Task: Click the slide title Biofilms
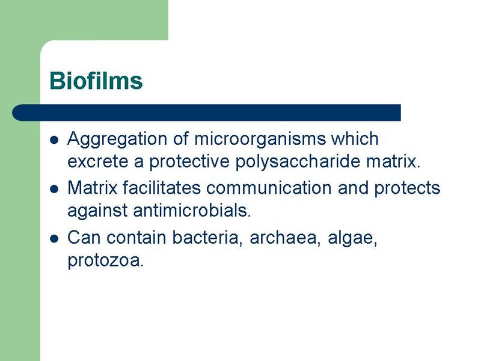point(96,81)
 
